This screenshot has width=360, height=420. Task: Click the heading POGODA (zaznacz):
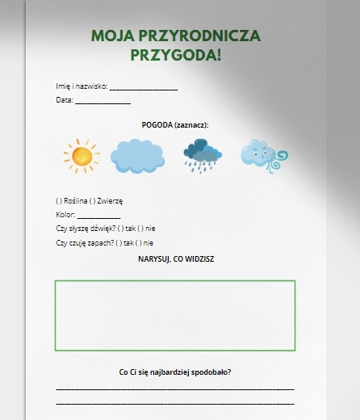click(x=174, y=125)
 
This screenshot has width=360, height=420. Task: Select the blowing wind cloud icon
click(x=262, y=156)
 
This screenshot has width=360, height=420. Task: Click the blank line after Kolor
click(x=98, y=216)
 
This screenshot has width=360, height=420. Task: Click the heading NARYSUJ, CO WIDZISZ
click(x=175, y=259)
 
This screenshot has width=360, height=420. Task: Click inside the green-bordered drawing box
click(x=175, y=315)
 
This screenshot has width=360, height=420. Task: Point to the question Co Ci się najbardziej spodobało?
click(x=175, y=372)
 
